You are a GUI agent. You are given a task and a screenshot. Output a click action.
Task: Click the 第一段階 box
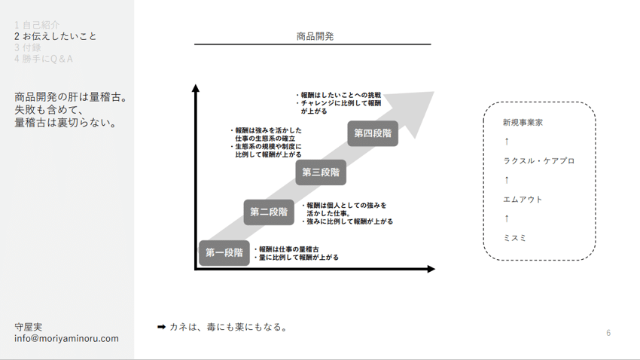pos(224,253)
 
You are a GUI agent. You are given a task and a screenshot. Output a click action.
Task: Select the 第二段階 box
pos(269,212)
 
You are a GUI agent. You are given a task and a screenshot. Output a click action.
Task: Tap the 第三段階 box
pos(321,172)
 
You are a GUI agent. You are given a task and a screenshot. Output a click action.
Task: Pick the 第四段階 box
pos(373,133)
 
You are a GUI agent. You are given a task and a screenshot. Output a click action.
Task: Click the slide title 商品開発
pos(315,36)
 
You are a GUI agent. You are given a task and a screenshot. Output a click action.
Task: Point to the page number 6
pos(608,333)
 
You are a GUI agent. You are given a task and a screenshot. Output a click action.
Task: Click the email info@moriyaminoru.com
pos(66,339)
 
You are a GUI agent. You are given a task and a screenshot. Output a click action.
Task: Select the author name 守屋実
pos(29,328)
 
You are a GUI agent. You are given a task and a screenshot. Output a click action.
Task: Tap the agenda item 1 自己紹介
pos(37,25)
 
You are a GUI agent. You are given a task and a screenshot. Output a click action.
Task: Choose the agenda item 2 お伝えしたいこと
pos(56,36)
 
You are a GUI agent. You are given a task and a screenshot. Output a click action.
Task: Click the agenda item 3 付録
pos(28,47)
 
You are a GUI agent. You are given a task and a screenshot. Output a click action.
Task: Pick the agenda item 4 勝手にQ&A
pos(44,59)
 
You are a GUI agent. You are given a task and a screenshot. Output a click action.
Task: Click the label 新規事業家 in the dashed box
pos(523,122)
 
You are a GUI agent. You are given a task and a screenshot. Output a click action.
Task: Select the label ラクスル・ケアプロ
pos(538,161)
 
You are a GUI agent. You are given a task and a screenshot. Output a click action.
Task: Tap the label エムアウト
pos(523,200)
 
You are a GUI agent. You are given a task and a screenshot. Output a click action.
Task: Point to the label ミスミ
pos(515,238)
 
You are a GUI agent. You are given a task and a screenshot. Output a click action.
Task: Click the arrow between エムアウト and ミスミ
pos(507,219)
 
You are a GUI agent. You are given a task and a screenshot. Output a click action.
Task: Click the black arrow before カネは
pos(161,327)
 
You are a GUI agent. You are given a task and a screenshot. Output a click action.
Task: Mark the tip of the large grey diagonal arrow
pos(432,93)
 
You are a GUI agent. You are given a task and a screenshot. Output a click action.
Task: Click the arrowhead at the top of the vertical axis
pos(196,88)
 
